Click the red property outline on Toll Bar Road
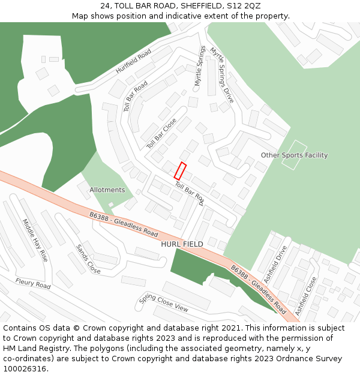click(x=180, y=171)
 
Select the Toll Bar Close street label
click(x=161, y=133)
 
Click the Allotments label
click(x=107, y=190)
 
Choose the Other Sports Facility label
click(x=294, y=155)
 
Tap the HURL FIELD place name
click(x=182, y=244)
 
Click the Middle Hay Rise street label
click(x=35, y=239)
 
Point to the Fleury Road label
click(x=33, y=283)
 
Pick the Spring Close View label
click(x=164, y=303)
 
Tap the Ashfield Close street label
click(x=305, y=296)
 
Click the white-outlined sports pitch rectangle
click(x=294, y=155)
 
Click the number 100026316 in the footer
click(x=23, y=369)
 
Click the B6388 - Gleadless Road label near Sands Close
click(x=123, y=224)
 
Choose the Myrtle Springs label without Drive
click(x=200, y=66)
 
